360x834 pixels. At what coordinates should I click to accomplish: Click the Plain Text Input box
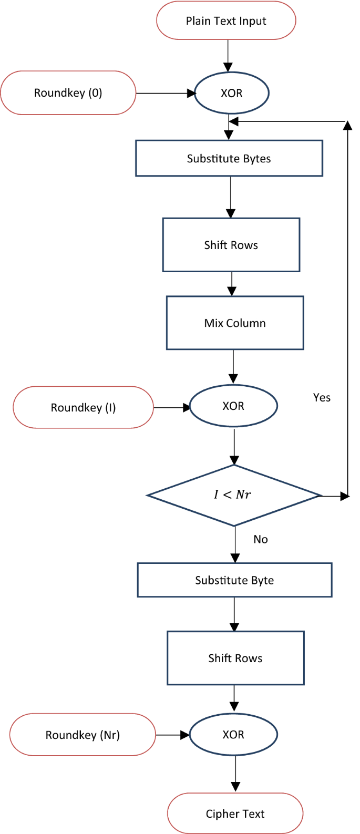coord(226,21)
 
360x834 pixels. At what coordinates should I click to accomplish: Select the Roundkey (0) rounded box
coord(68,93)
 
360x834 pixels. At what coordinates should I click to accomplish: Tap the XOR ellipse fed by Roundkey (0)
coord(231,93)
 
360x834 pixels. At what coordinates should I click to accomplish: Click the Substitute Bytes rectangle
coord(229,158)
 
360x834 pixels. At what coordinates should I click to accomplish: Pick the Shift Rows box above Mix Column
coord(231,245)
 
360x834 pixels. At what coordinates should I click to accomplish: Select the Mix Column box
coord(235,323)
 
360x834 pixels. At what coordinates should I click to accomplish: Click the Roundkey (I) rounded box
coord(83,407)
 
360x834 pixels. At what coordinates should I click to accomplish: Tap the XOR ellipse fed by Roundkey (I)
coord(233,406)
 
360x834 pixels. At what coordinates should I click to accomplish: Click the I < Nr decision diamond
coord(234,495)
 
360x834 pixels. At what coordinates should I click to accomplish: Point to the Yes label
coord(322,398)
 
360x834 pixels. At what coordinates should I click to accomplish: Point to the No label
coord(261,539)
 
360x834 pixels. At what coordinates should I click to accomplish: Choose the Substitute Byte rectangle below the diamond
coord(234,580)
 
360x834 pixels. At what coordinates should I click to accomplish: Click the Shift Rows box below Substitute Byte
coord(235,658)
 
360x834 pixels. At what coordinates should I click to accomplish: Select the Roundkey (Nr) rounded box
coord(83,735)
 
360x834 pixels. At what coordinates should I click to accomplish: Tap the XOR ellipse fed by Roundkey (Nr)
coord(233,735)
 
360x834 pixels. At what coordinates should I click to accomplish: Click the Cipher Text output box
coord(235,814)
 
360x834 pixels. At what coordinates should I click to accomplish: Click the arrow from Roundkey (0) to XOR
coord(165,94)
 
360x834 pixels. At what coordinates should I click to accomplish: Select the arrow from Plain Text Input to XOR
coord(228,55)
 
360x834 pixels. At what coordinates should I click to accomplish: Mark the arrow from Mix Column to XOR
coord(233,366)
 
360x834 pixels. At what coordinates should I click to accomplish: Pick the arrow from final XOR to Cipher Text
coord(235,773)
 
